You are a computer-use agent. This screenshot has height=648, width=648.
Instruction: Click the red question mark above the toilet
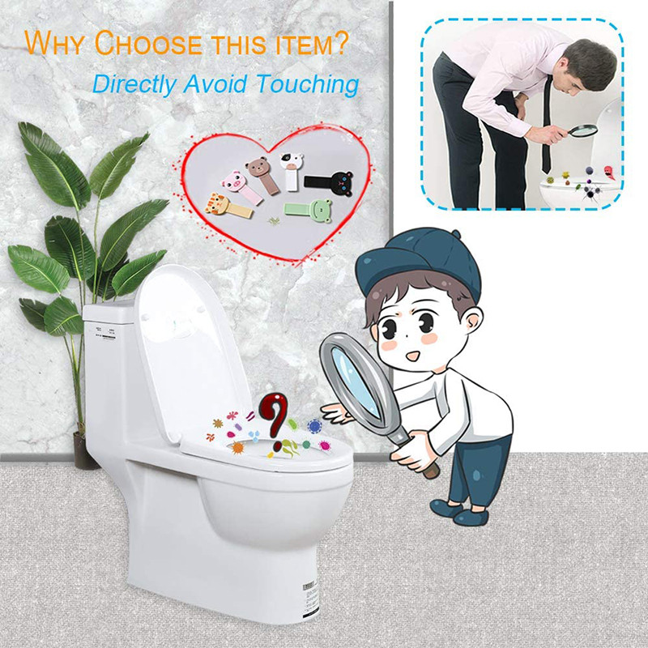tap(274, 417)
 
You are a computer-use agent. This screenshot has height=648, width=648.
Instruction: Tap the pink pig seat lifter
tap(241, 187)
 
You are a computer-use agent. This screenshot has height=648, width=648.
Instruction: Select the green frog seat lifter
tap(307, 210)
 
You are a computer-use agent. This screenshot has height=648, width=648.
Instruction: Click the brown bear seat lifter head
tap(256, 167)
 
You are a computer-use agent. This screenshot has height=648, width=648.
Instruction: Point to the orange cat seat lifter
tap(228, 206)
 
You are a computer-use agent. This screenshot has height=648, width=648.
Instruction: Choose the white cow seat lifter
tap(292, 171)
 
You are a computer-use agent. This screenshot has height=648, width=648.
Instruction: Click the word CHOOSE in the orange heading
tap(148, 43)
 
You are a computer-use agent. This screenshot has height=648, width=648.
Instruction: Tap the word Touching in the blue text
tap(308, 84)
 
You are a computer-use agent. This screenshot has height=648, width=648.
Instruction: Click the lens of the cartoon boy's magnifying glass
tap(356, 382)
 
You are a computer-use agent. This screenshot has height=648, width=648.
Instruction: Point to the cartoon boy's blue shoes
tap(458, 513)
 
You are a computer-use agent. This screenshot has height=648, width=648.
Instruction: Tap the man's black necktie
tap(547, 124)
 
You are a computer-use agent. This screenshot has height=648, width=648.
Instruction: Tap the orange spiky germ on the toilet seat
tap(237, 447)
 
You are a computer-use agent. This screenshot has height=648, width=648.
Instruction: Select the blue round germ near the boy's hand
tap(314, 426)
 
